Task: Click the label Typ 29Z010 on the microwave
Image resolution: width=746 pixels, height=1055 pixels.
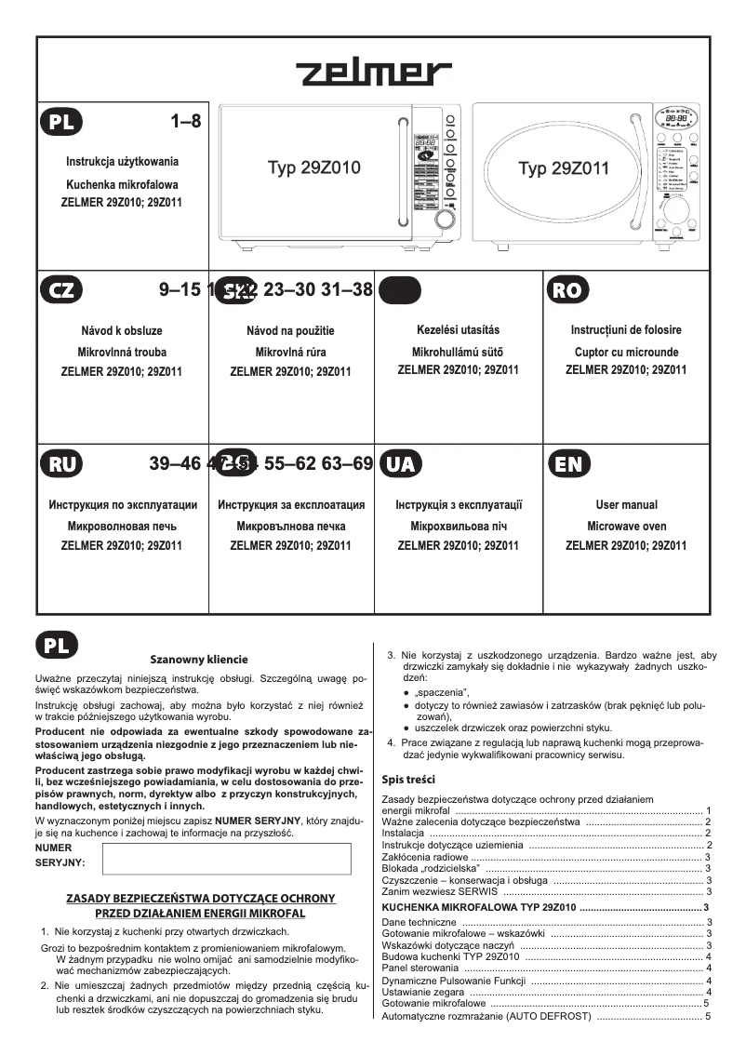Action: coord(313,168)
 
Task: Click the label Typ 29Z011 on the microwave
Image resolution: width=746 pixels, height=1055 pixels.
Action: coord(564,168)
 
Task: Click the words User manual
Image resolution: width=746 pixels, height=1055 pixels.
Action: coord(626,505)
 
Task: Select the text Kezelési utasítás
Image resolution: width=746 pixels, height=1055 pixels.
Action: coord(459,330)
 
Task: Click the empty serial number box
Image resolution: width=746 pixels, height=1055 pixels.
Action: coord(226,860)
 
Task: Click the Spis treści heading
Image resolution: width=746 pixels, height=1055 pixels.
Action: coord(408,780)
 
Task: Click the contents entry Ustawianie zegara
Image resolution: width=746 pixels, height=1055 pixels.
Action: coord(424,993)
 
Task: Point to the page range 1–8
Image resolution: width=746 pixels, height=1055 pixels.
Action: coord(185,121)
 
